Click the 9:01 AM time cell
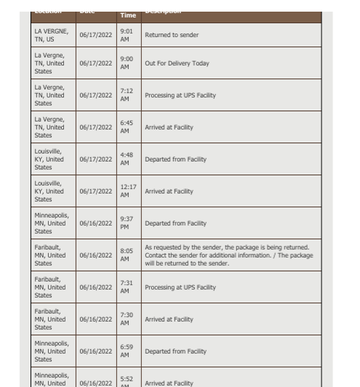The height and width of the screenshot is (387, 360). tap(127, 35)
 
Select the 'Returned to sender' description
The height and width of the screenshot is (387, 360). tap(172, 35)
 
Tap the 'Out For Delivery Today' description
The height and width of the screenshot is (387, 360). tap(177, 63)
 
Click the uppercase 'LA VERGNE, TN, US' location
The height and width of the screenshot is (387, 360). tap(51, 35)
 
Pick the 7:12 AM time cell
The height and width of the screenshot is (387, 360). tap(127, 95)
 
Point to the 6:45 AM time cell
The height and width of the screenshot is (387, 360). tap(127, 127)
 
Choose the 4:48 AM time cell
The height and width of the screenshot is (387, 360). tap(127, 159)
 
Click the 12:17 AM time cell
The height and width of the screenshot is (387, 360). tap(128, 191)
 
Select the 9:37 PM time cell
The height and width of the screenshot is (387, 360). tap(127, 223)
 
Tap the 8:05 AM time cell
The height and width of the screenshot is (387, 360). tap(127, 255)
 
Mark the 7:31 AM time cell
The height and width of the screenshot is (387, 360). tap(127, 287)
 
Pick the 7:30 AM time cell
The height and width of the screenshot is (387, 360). tap(127, 319)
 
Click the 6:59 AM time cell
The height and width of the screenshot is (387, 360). tap(127, 351)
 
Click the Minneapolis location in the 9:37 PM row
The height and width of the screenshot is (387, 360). tap(51, 223)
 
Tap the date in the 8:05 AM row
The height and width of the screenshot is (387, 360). tap(95, 255)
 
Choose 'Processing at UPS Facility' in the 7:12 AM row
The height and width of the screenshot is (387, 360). tap(180, 95)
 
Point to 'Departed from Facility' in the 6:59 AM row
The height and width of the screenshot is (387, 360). tap(175, 351)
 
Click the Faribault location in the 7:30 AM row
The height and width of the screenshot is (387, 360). tap(49, 319)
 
